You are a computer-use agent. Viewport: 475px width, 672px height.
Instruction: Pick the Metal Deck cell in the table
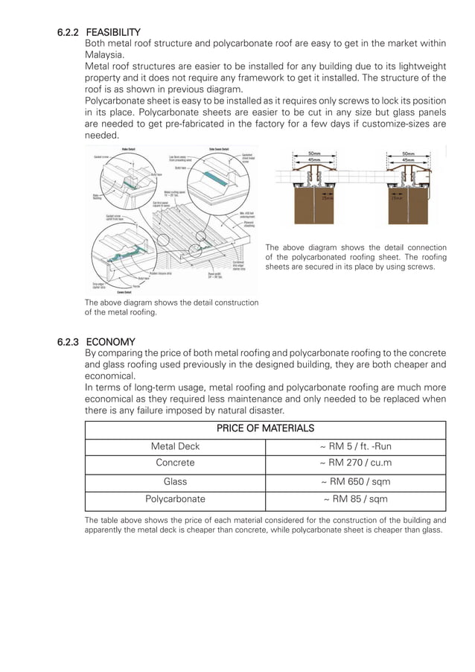(x=175, y=446)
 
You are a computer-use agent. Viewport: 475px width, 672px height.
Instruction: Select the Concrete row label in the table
(x=175, y=463)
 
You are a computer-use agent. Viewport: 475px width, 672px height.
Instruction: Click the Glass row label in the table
(x=175, y=482)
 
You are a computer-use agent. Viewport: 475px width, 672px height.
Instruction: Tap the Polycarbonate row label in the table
(x=175, y=500)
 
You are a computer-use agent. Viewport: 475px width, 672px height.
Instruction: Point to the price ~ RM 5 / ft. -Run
(x=355, y=446)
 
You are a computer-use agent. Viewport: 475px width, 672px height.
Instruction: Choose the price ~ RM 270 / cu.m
(x=355, y=463)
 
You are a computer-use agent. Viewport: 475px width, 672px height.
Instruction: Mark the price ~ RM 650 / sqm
(x=355, y=482)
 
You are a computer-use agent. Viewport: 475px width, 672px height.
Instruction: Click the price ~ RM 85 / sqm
(x=355, y=500)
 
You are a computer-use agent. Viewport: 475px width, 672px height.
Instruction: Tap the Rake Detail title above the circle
(x=128, y=149)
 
